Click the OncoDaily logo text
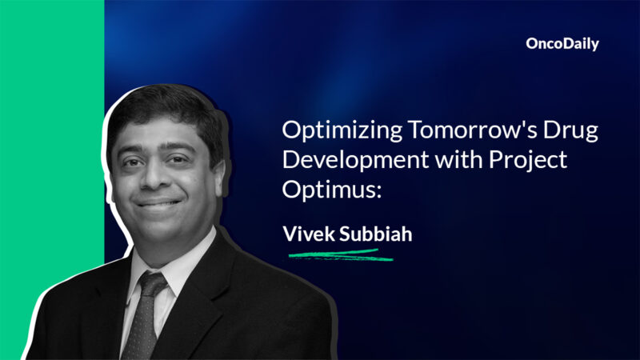(x=562, y=45)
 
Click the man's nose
(x=153, y=177)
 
